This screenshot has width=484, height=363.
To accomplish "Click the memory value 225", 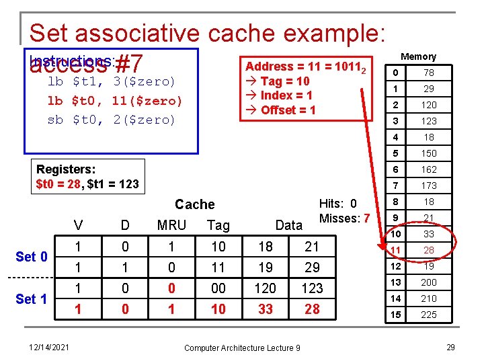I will (429, 315).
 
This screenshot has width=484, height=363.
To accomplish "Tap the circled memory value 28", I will (429, 250).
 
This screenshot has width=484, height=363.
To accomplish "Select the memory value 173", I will (429, 186).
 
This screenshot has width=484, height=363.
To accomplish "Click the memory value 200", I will (429, 282).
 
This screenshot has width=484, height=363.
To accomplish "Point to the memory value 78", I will (429, 73).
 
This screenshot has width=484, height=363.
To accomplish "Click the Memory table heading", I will (418, 56).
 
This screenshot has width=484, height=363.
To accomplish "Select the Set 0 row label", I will (32, 256).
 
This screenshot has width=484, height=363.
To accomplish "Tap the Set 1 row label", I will (32, 298).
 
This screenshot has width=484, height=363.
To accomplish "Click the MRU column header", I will (171, 225).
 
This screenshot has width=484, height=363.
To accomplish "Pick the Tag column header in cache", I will (218, 225).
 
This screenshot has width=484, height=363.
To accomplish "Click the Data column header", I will (289, 225).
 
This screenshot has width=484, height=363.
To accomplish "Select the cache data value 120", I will (265, 288).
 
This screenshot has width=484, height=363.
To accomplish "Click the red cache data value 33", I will (265, 309).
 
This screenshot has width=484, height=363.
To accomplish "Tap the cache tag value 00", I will (218, 288).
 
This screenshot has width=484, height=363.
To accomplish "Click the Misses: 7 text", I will (344, 218).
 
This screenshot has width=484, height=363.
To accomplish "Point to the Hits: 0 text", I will (338, 204).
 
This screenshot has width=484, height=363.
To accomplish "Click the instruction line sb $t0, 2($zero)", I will (111, 120).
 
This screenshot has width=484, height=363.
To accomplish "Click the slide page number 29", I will (450, 347).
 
